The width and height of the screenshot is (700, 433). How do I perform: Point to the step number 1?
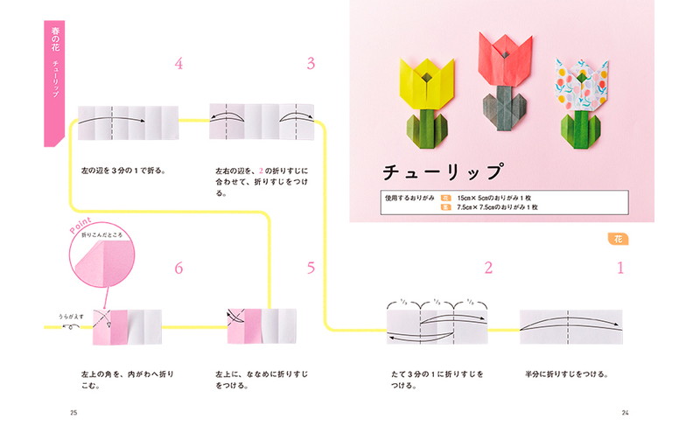(620, 269)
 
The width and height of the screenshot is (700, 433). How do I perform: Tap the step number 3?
(311, 64)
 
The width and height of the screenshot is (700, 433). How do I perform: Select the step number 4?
(178, 64)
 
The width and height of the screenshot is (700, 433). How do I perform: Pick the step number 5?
(311, 269)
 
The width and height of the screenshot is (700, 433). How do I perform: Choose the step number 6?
(178, 269)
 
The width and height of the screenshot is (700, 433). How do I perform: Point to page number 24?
(625, 413)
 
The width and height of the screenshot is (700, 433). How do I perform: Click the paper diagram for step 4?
(128, 122)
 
